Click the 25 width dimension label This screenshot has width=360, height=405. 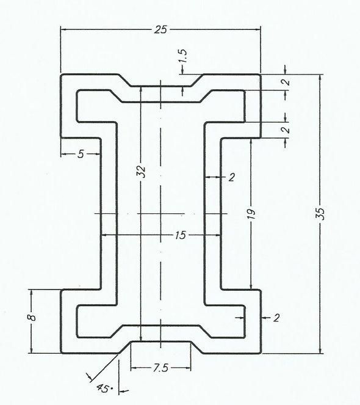(x=160, y=29)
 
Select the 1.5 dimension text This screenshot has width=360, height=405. (x=182, y=56)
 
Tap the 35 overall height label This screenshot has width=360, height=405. (x=320, y=214)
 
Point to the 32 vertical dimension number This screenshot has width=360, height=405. (x=141, y=172)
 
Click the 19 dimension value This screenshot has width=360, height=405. (x=251, y=213)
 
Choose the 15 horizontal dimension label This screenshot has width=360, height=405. (x=181, y=235)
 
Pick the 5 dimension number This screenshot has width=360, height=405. (x=81, y=154)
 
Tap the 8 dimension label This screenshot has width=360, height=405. (x=32, y=317)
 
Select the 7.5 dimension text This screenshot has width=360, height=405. (x=160, y=368)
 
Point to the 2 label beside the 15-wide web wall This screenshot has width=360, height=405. (x=231, y=177)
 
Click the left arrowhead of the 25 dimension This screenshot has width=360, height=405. (x=63, y=29)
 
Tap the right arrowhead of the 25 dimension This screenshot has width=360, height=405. (x=257, y=29)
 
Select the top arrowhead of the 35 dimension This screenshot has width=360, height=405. (x=320, y=78)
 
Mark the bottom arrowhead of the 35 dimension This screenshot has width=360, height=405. (x=320, y=350)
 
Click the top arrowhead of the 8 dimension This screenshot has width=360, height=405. (x=32, y=293)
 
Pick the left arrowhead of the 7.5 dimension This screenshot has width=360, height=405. (x=134, y=368)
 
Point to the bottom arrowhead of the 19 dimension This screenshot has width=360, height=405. (x=251, y=286)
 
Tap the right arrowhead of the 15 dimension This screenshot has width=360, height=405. (x=217, y=235)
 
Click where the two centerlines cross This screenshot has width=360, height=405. (x=160, y=214)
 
